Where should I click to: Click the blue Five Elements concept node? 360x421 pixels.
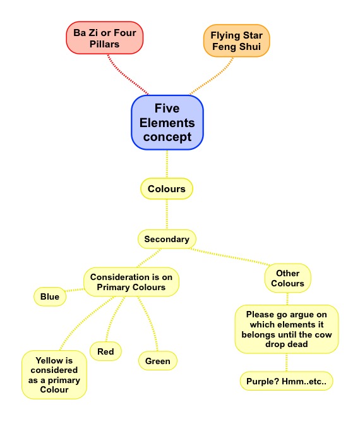[x=167, y=123]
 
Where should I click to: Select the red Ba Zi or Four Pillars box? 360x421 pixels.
[x=105, y=38]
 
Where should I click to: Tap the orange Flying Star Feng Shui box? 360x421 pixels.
[x=236, y=40]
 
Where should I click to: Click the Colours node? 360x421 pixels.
[x=167, y=188]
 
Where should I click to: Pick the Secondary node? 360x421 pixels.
[x=167, y=239]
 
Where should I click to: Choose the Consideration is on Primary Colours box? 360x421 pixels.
[x=131, y=282]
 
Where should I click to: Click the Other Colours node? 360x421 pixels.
[x=287, y=278]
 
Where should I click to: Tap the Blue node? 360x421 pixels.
[x=50, y=296]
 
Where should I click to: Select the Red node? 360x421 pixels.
[x=105, y=351]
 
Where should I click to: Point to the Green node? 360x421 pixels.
[x=158, y=360]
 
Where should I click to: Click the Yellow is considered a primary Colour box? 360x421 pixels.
[x=54, y=375]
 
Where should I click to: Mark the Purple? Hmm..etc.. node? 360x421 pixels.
[x=286, y=381]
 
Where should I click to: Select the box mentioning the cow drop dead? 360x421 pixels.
[x=287, y=329]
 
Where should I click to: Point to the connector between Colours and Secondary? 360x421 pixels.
[x=167, y=214]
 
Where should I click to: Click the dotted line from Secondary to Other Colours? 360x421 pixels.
[x=230, y=257]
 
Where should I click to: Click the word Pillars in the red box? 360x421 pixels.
[x=104, y=44]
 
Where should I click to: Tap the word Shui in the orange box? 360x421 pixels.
[x=249, y=47]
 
